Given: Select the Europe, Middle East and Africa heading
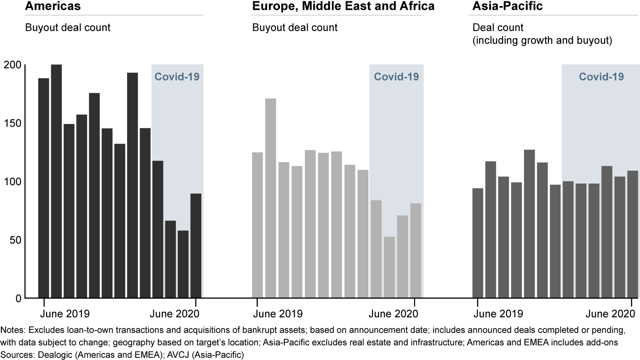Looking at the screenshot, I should tap(343, 6).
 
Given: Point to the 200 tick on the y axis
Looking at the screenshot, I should tap(13, 65).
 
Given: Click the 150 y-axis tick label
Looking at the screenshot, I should tap(13, 124).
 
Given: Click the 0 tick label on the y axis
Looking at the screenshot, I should tap(18, 298).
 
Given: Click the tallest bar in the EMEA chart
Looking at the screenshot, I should tap(271, 198).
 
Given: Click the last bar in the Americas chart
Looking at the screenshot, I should tap(196, 245).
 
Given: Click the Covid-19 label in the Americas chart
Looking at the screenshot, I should tap(177, 76).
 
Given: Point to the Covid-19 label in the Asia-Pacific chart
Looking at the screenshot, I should tap(601, 76).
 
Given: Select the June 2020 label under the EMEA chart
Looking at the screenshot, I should tap(393, 313).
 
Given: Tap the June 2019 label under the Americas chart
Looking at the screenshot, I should tap(65, 313).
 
